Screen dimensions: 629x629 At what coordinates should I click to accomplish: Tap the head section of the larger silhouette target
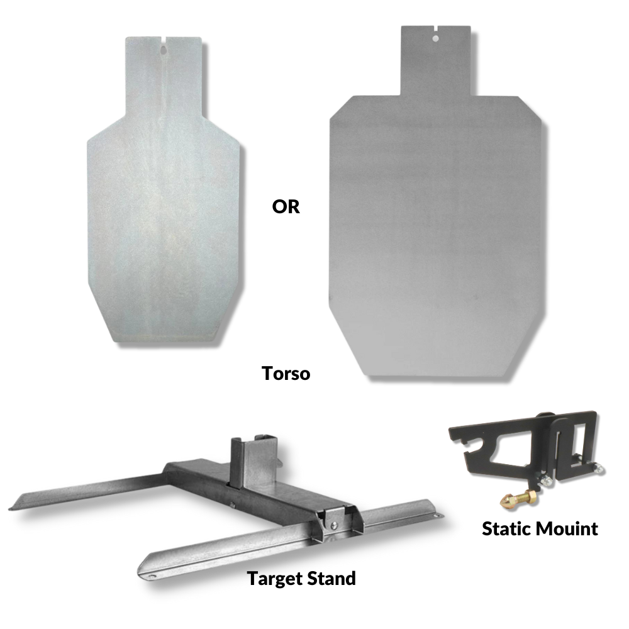435,63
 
